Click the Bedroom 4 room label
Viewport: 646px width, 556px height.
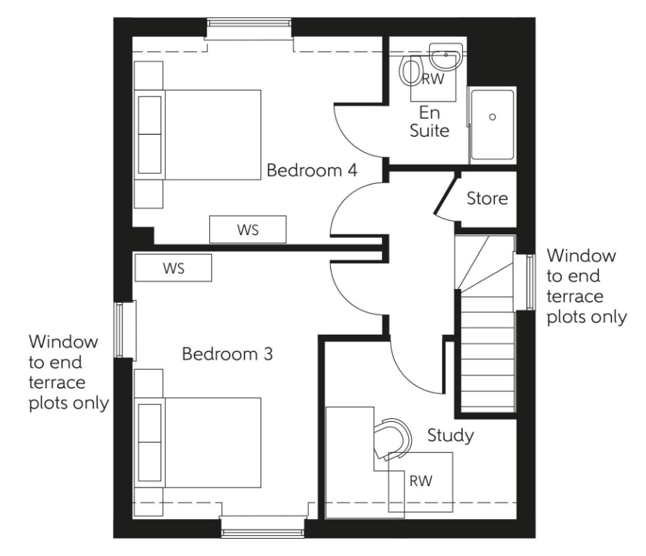312,171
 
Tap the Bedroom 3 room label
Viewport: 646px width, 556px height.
227,354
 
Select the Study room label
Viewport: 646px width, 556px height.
450,435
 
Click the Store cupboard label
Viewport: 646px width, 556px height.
487,198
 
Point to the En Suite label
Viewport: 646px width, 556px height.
430,122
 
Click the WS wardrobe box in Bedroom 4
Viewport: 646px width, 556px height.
248,230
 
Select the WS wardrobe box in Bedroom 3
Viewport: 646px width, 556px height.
173,268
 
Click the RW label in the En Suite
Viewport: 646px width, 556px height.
433,80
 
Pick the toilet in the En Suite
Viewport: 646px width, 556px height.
412,73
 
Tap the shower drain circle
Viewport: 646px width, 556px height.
493,116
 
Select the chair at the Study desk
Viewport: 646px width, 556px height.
392,437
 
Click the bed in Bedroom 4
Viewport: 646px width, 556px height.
209,134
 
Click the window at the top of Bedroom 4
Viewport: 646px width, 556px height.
250,29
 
